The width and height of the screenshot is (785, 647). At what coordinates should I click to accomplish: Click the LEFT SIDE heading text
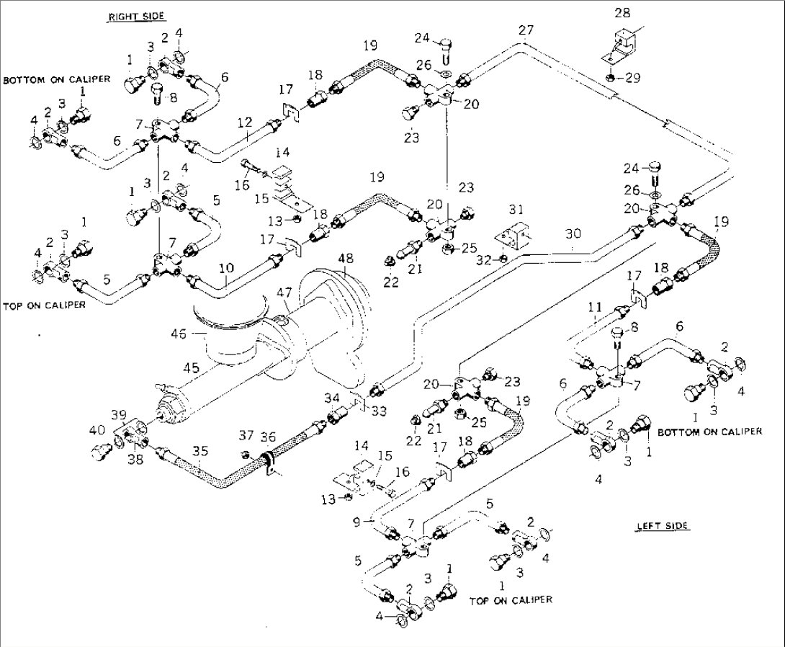(x=662, y=526)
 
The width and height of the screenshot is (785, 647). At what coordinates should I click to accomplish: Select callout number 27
(x=526, y=30)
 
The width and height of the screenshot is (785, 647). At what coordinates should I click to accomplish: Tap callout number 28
(x=622, y=13)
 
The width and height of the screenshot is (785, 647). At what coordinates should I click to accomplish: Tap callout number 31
(x=515, y=209)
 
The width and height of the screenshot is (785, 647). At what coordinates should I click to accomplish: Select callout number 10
(x=226, y=267)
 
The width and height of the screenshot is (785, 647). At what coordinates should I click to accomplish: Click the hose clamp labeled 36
(x=267, y=461)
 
